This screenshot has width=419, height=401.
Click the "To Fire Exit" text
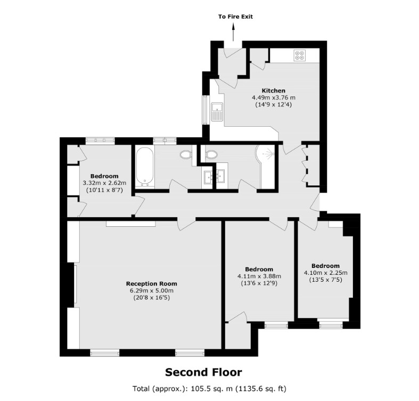[x=235, y=17]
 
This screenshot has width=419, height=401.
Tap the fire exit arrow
[x=233, y=32]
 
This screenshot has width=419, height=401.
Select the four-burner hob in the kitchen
[x=299, y=55]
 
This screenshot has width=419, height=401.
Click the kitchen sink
[x=217, y=111]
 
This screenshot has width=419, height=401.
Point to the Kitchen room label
[x=273, y=91]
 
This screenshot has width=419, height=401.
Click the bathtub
[x=145, y=167]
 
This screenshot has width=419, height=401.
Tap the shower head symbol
[x=268, y=154]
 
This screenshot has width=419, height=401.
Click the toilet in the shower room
[x=211, y=154]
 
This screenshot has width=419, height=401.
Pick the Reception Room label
[x=152, y=284]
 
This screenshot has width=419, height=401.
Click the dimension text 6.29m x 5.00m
[x=152, y=291]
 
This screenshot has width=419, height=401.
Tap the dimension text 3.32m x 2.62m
[x=104, y=183]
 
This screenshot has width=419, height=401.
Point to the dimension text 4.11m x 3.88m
[x=259, y=276]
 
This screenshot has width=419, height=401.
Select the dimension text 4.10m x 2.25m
[x=325, y=273]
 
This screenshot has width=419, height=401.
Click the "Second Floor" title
[x=203, y=372]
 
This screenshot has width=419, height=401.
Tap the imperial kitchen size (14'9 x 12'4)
[x=273, y=104]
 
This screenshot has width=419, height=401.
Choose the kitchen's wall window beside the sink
[x=206, y=110]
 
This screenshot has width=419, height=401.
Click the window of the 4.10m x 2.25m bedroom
[x=331, y=325]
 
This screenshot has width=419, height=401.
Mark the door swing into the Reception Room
[x=186, y=224]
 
